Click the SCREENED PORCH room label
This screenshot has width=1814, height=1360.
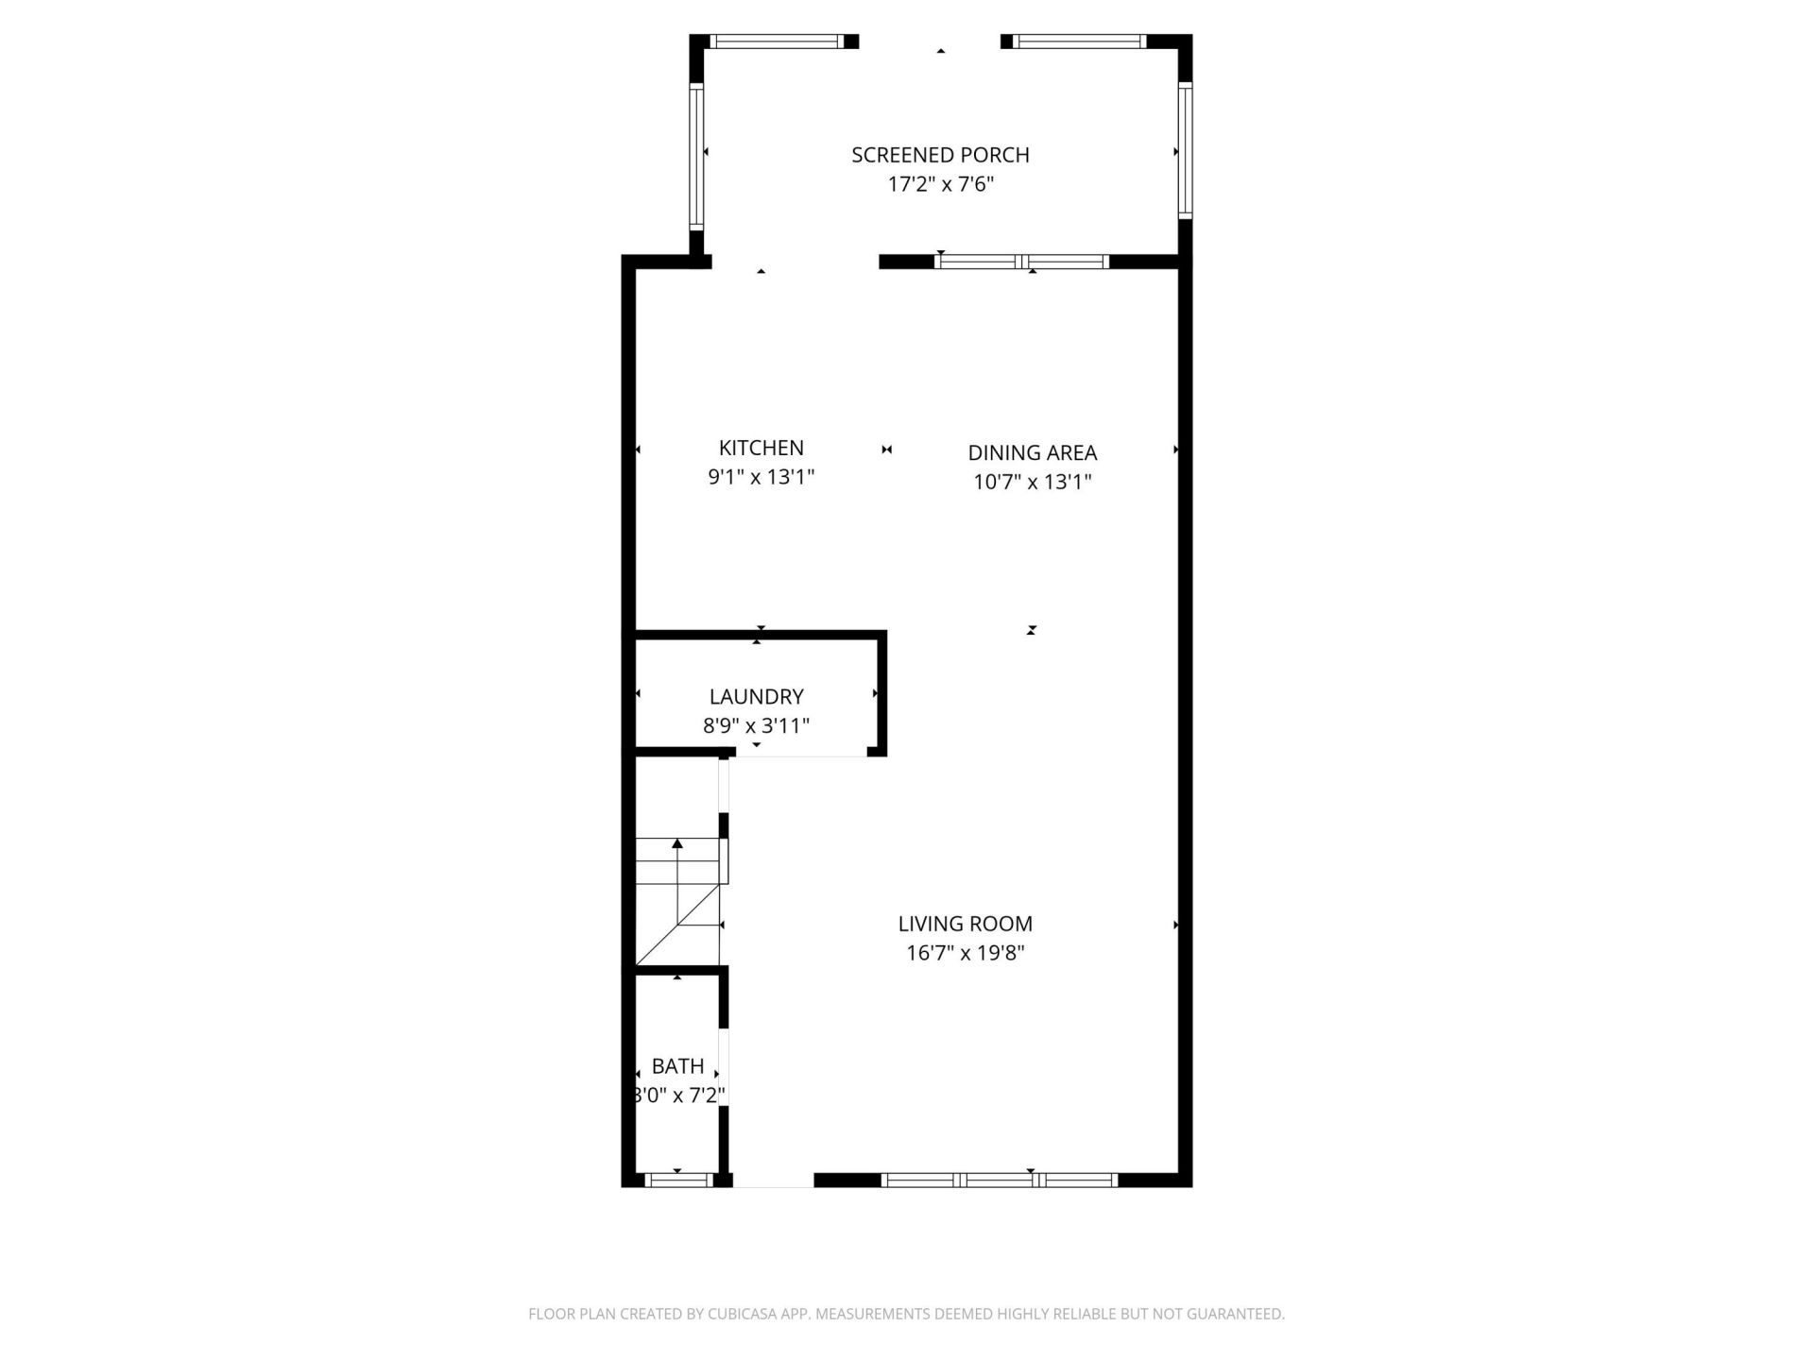940,155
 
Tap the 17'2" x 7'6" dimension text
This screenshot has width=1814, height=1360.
940,184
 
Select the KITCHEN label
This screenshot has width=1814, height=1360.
761,448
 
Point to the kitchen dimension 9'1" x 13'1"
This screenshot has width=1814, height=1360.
761,477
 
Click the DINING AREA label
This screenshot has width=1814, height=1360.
1032,452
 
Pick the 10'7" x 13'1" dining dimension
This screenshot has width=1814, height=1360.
1032,482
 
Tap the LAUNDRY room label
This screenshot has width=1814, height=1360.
756,696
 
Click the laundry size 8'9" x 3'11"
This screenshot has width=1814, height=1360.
756,725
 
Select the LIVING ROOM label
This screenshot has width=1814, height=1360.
965,924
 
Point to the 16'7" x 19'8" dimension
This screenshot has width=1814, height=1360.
965,953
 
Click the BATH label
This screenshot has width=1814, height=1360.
677,1066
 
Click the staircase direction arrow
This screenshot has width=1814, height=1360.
676,843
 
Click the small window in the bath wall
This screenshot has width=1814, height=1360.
677,1180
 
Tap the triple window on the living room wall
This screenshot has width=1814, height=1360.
999,1180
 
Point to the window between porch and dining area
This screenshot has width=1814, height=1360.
1021,262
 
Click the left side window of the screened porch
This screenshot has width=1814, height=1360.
696,156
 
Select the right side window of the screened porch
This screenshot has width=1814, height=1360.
1185,151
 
